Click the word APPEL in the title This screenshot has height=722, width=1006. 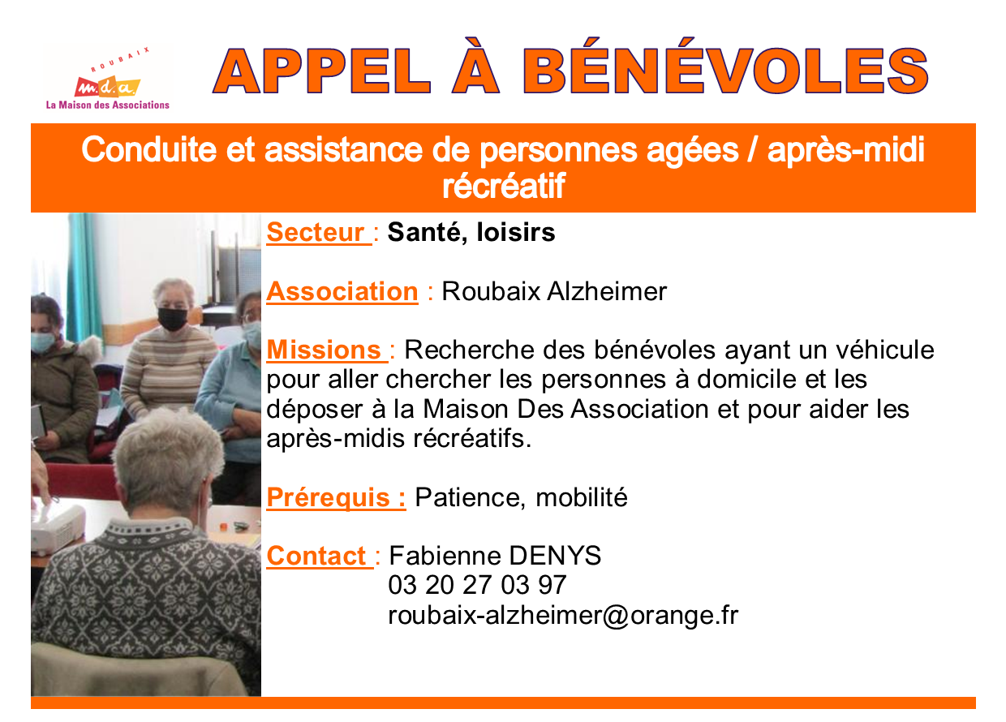coord(321,71)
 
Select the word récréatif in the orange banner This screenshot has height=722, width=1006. coord(504,186)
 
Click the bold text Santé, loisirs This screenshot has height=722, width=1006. coord(471,233)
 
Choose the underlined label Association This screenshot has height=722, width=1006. coord(342,291)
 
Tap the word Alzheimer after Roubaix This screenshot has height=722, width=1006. coord(607,291)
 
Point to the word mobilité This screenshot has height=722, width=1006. coord(582,497)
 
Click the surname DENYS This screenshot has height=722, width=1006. coord(555,556)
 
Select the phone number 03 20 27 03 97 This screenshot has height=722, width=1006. coord(477,585)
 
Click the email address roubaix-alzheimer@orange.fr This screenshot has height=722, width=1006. coord(563,615)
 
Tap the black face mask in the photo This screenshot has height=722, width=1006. coord(173,319)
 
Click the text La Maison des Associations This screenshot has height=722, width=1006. coord(108,105)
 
